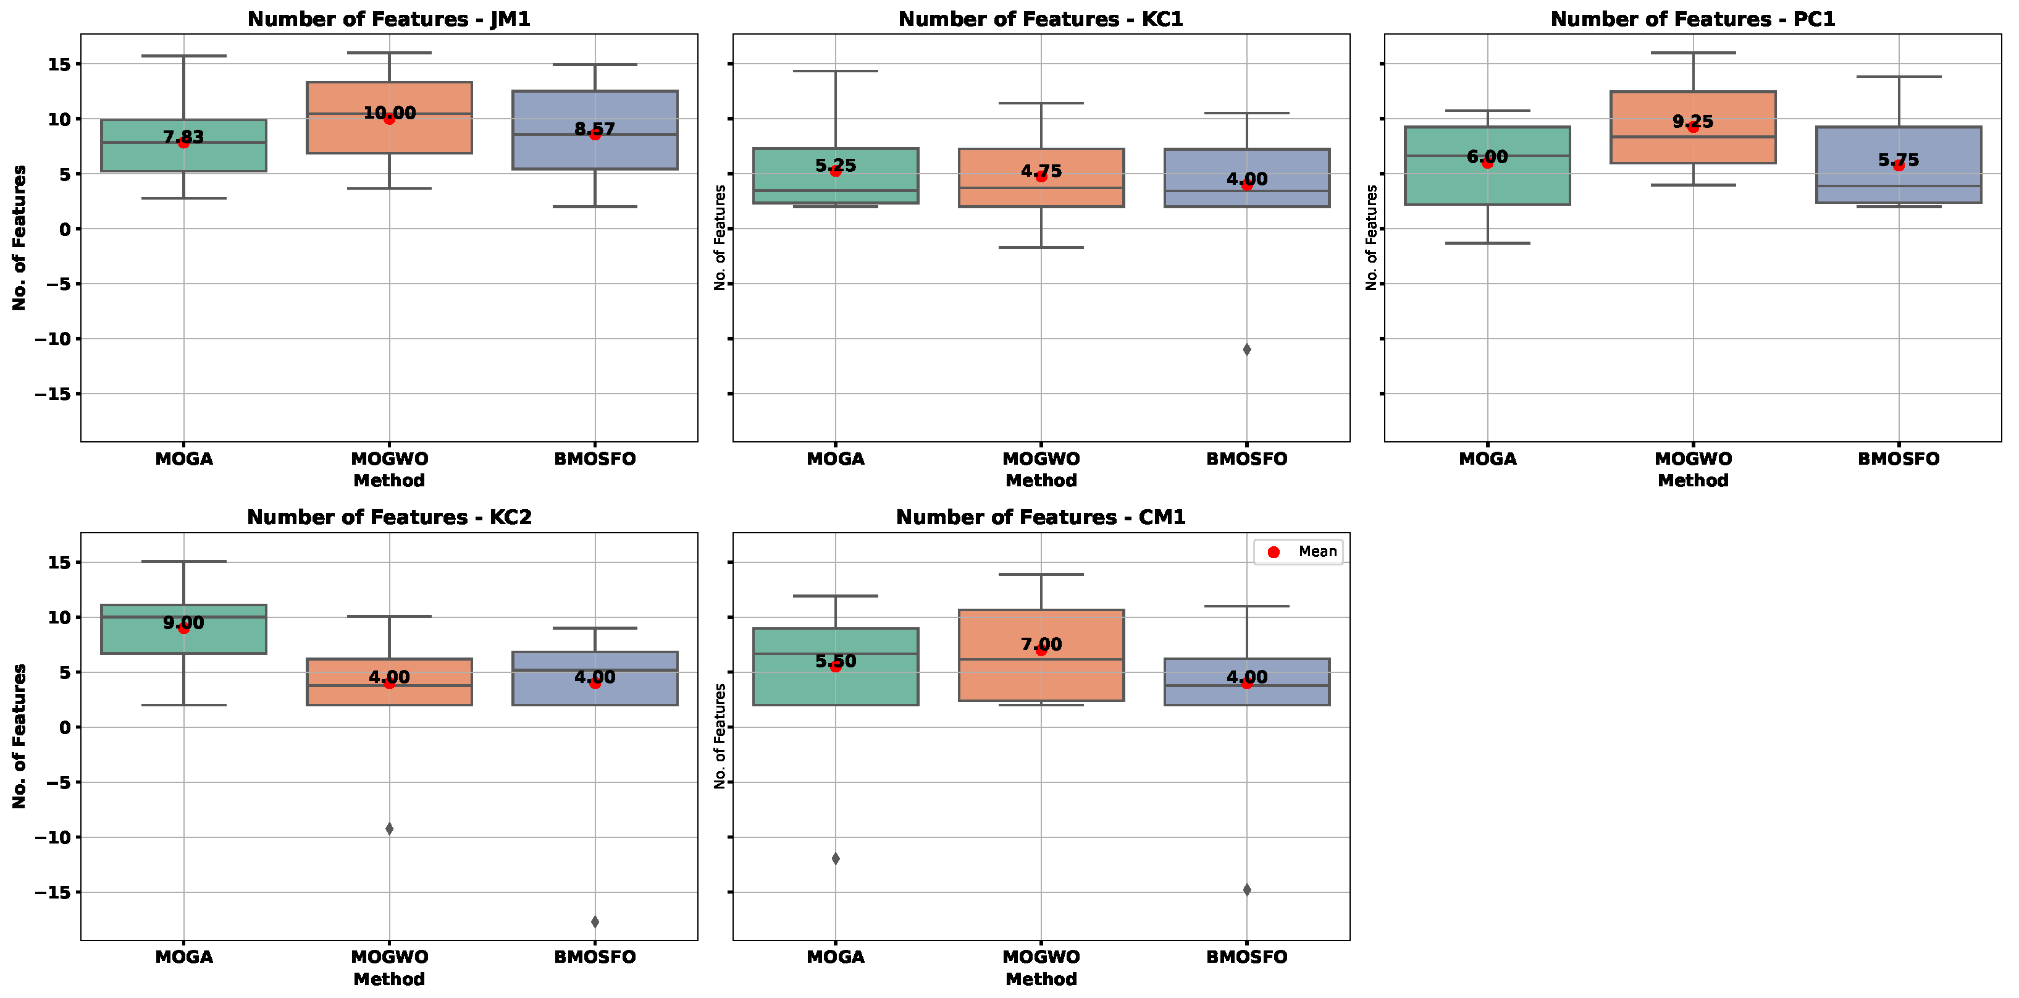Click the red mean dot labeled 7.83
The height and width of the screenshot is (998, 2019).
pos(183,143)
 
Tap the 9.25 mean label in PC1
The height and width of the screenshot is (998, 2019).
pos(1692,122)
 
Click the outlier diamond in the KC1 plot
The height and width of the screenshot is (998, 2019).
pos(1246,349)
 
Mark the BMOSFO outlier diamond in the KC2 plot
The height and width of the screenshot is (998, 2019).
pos(595,921)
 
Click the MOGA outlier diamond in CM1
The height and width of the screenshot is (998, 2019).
pos(836,858)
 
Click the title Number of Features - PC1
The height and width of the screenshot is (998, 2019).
pos(1692,19)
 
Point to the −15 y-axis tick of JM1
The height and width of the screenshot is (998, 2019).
pos(52,394)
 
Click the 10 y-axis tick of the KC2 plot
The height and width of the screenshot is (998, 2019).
pos(59,618)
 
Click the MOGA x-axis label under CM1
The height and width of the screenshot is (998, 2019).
pos(836,957)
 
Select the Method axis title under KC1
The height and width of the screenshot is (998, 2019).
pos(1041,481)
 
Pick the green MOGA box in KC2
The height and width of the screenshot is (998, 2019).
pos(183,639)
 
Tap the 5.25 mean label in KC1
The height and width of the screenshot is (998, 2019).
pos(836,166)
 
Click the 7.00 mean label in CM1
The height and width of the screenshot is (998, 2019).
pos(1041,644)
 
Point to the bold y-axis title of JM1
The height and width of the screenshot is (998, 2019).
pos(19,237)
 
